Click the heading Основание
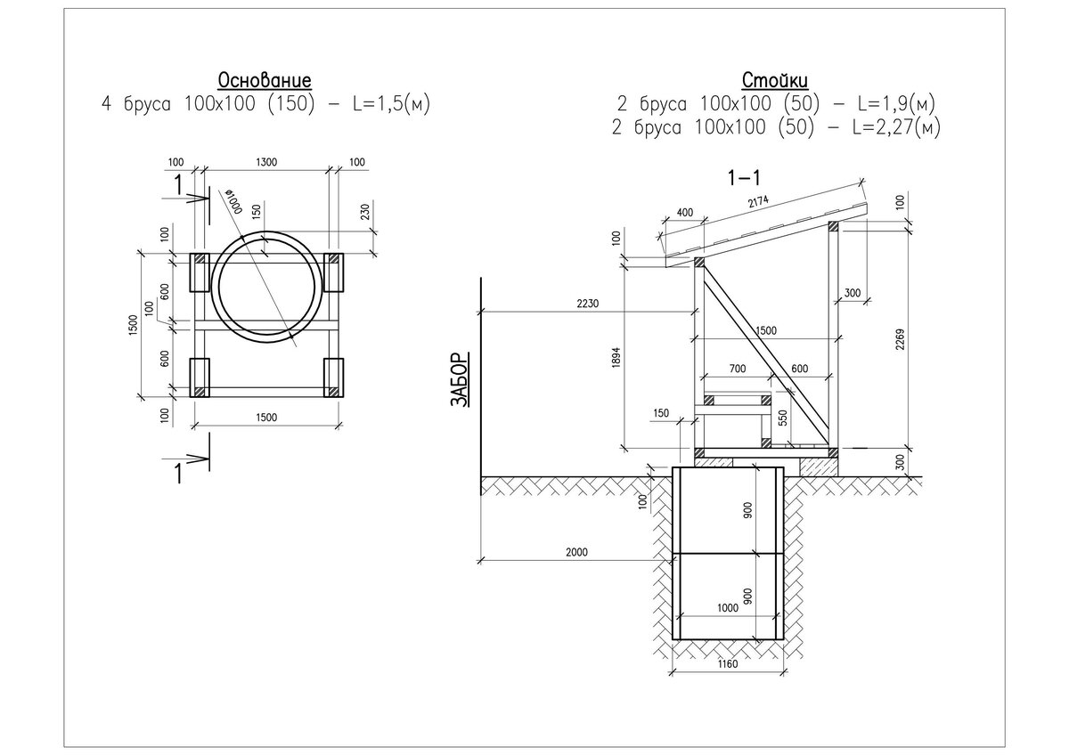[x=265, y=80]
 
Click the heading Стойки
[x=775, y=80]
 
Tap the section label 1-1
[x=744, y=178]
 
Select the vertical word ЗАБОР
[x=459, y=379]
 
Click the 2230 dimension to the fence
[x=587, y=304]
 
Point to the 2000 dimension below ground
[x=576, y=552]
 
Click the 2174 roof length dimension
[x=758, y=201]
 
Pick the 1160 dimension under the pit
[x=727, y=663]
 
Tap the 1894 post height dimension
[x=616, y=357]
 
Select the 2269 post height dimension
[x=900, y=339]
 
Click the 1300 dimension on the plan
[x=266, y=162]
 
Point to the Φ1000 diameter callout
[x=235, y=201]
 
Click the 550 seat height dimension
[x=782, y=418]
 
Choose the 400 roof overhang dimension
[x=685, y=212]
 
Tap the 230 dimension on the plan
[x=365, y=212]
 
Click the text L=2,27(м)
[x=897, y=127]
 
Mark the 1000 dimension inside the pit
[x=728, y=607]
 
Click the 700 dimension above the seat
[x=738, y=369]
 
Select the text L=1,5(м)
[x=391, y=103]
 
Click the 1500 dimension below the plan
[x=266, y=418]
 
